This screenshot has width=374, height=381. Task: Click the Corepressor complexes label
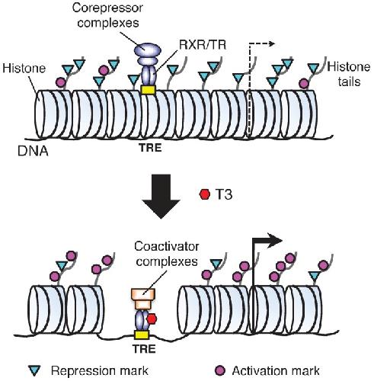pos(107,15)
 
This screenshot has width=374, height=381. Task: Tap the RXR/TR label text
pos(203,45)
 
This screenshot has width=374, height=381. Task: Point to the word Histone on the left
pos(24,68)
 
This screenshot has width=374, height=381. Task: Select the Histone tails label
pos(349,74)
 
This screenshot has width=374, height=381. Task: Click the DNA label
pos(33,151)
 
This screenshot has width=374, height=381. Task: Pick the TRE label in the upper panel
pos(150,148)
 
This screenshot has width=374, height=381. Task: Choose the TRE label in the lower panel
pos(144,349)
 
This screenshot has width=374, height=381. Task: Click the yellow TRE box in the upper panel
pos(148,90)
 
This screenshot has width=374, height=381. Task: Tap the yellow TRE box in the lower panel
pos(142,335)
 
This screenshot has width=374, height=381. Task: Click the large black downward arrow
pos(161,196)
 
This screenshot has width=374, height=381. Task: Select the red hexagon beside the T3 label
pos(205,194)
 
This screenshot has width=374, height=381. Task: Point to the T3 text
pos(224,194)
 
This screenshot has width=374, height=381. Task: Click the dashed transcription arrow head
pos(272,43)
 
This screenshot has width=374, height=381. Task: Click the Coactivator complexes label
pos(167,254)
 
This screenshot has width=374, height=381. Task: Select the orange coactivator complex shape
pos(143,299)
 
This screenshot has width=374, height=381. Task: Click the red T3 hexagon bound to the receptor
pos(152,319)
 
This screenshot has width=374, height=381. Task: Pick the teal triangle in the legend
pos(34,370)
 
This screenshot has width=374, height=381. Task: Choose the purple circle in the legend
pos(220,370)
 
